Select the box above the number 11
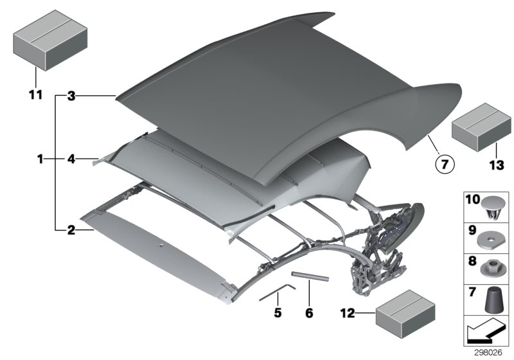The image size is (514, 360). pos(42,40)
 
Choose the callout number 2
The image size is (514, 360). pos(71,228)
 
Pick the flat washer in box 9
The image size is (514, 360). pos(490,239)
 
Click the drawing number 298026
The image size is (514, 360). pos(490,353)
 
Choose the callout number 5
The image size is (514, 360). pos(278,313)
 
